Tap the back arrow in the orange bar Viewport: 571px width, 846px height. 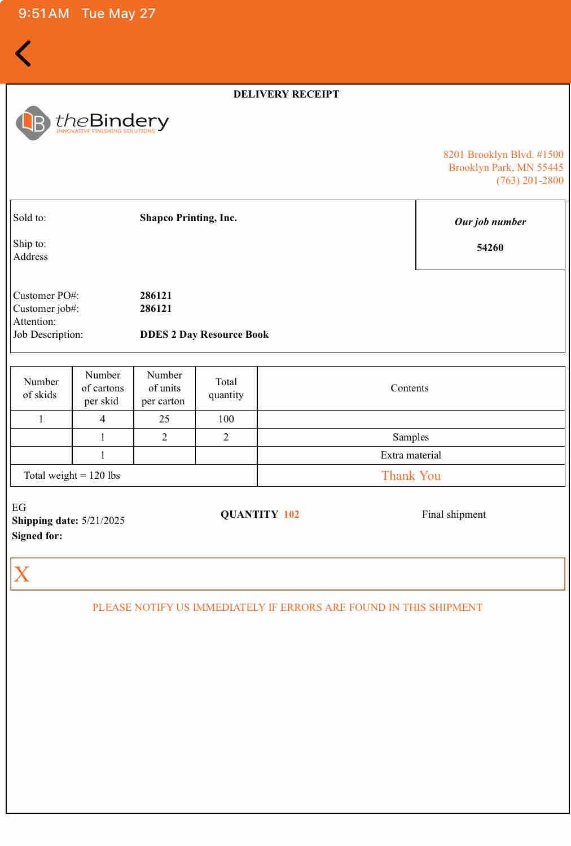pyautogui.click(x=23, y=54)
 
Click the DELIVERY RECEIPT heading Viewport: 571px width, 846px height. pyautogui.click(x=286, y=94)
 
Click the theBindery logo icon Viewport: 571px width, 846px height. pyautogui.click(x=33, y=122)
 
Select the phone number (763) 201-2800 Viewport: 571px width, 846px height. pyautogui.click(x=529, y=180)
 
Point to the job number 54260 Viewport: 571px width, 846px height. pyautogui.click(x=490, y=248)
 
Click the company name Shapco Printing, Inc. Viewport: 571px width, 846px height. pyautogui.click(x=188, y=218)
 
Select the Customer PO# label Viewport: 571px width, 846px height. pyautogui.click(x=46, y=296)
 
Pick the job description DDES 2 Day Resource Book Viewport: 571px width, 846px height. pyautogui.click(x=204, y=334)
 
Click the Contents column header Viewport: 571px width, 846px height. pyautogui.click(x=410, y=388)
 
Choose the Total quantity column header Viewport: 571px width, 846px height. pyautogui.click(x=226, y=388)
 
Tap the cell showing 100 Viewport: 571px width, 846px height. pyautogui.click(x=226, y=419)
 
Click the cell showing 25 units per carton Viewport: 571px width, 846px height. pyautogui.click(x=164, y=419)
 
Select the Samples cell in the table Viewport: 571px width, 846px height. pyautogui.click(x=410, y=437)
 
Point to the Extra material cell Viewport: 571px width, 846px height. pyautogui.click(x=410, y=455)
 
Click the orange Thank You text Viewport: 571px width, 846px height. pyautogui.click(x=411, y=475)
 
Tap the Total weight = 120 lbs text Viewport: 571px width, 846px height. pyautogui.click(x=72, y=475)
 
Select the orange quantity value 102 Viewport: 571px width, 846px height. pyautogui.click(x=291, y=514)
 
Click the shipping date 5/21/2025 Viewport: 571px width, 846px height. pyautogui.click(x=103, y=521)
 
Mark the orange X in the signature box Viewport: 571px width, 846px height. pyautogui.click(x=21, y=574)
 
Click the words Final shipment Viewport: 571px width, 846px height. pyautogui.click(x=454, y=514)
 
